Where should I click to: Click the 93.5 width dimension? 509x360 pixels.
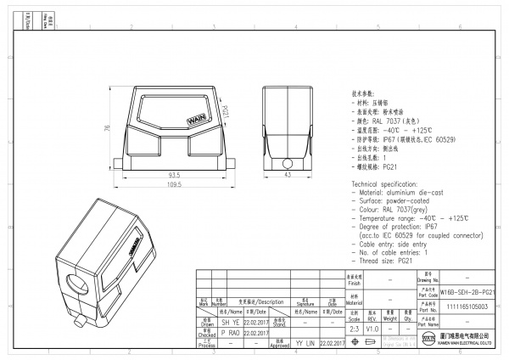(173, 174)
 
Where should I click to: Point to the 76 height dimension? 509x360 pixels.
(108, 128)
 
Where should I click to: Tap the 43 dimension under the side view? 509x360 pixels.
(287, 174)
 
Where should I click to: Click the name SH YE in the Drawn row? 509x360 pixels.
(230, 323)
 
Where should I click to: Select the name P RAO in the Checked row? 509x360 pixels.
(230, 333)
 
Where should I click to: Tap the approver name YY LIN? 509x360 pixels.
(305, 344)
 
